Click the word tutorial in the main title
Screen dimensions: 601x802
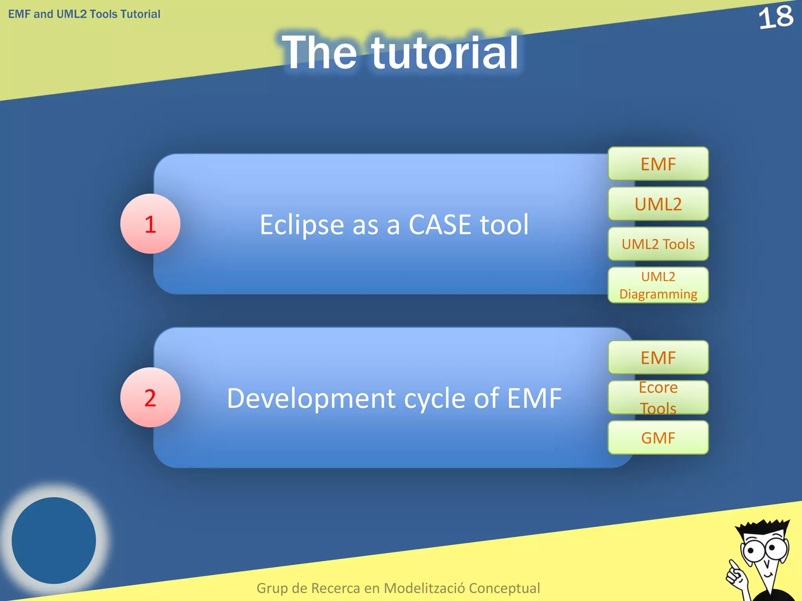tap(445, 53)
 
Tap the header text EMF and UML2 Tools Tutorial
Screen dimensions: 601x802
tap(84, 14)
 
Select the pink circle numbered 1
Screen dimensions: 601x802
tap(150, 224)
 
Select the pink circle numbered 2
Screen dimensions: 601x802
tap(150, 398)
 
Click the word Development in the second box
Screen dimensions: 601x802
tap(311, 399)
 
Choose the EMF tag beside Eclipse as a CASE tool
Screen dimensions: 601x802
tap(658, 164)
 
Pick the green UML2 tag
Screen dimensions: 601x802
tap(658, 204)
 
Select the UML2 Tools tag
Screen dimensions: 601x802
tap(658, 244)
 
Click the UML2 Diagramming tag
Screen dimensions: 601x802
tap(658, 285)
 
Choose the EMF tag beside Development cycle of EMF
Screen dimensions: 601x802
tap(658, 358)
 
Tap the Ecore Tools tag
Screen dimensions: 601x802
tap(658, 398)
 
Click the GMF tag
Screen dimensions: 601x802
tap(658, 437)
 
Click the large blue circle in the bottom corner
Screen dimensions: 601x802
tap(54, 540)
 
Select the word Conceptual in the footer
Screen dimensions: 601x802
tap(504, 588)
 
